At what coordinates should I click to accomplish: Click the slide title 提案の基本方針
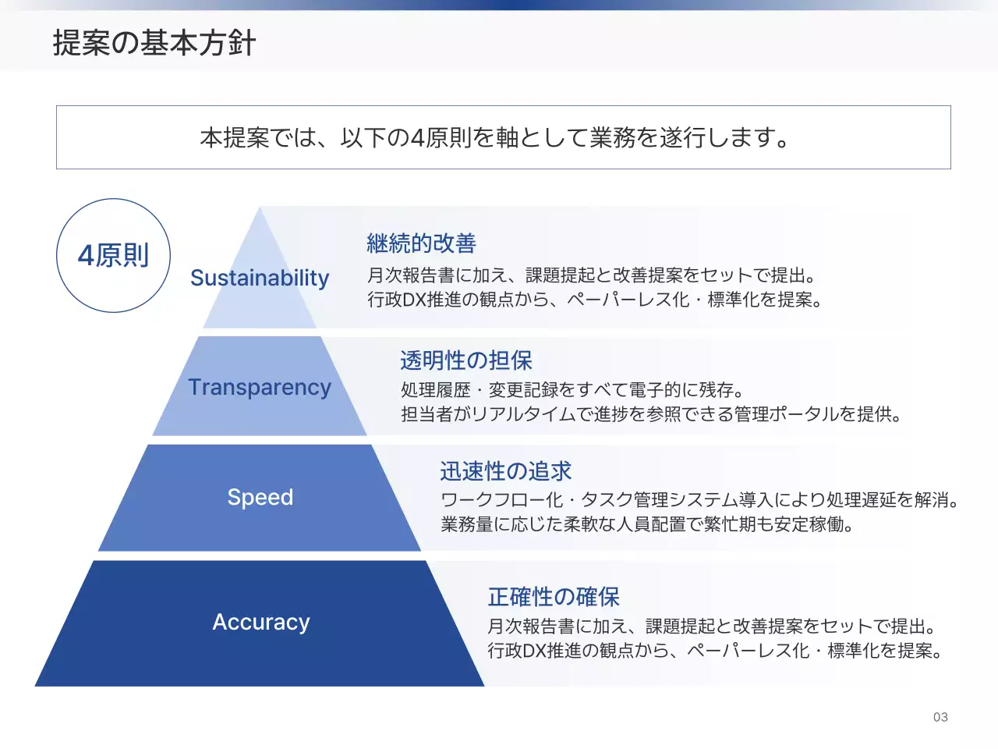[154, 43]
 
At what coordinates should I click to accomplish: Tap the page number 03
[940, 717]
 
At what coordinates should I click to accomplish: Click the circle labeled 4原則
[114, 255]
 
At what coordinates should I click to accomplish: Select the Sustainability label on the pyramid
[260, 278]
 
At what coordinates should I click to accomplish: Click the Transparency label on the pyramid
[260, 387]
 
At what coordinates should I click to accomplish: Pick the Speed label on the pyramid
[260, 497]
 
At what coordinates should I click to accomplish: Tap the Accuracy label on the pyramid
[261, 622]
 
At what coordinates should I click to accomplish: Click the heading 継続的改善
[421, 243]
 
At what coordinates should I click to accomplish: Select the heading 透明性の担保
[466, 360]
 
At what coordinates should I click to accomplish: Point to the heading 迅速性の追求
[505, 471]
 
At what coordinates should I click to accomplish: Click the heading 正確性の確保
[554, 597]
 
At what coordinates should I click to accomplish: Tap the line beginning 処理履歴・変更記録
[573, 389]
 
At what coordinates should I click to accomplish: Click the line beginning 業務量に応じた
[647, 524]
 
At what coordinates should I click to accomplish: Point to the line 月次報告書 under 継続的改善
[593, 275]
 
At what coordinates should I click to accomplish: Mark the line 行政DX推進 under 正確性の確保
[715, 651]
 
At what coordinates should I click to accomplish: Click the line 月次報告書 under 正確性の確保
[712, 626]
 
